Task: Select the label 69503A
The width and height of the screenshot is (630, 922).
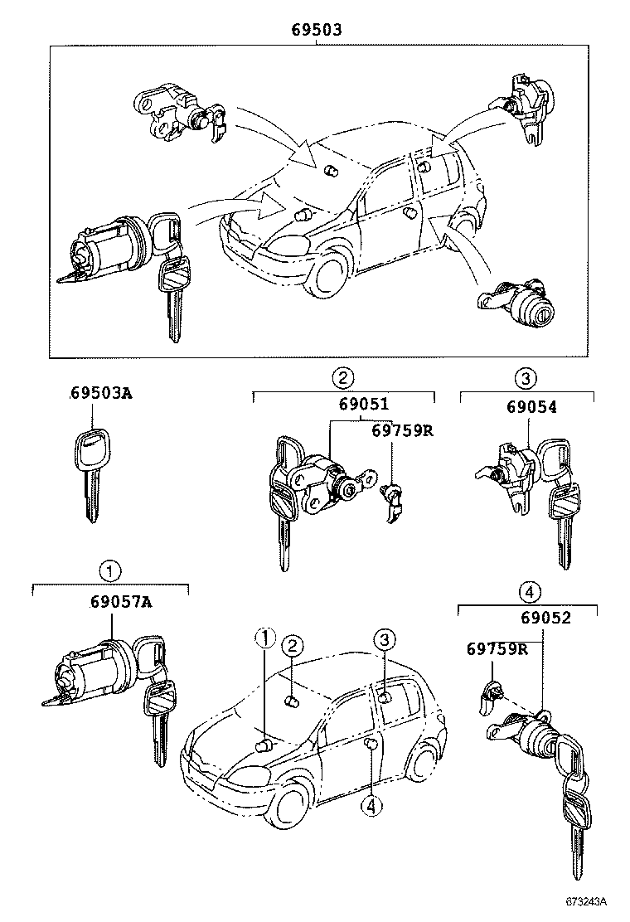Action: coord(100,394)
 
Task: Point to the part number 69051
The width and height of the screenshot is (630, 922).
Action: coord(363,406)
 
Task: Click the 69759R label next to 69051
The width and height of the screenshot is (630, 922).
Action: coord(403,431)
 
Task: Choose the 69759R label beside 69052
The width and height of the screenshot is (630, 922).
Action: coord(496,648)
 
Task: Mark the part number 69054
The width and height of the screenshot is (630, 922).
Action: coord(532,406)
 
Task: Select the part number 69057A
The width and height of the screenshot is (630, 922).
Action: coord(121,603)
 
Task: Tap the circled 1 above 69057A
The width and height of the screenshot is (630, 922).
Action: coord(110,570)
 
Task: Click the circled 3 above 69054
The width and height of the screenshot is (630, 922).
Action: coord(526,379)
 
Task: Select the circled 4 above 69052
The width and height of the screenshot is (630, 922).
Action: coord(529,592)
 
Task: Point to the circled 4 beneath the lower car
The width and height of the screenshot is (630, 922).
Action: coord(373,805)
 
